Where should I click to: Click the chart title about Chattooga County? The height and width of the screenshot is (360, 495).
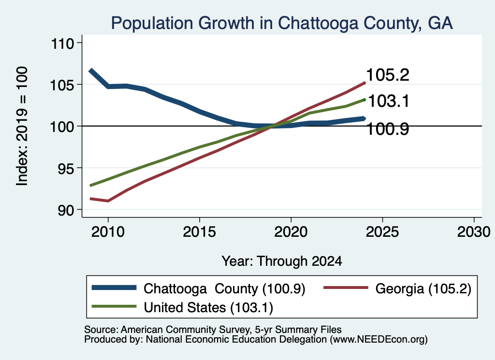click(x=282, y=23)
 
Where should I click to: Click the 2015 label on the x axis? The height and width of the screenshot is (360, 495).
click(x=199, y=232)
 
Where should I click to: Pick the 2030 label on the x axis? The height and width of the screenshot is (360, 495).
click(x=474, y=232)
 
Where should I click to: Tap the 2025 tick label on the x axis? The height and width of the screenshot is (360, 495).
click(x=382, y=232)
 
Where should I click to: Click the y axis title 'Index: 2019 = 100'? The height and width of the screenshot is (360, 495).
click(x=22, y=126)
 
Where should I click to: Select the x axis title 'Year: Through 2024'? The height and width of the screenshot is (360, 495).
click(x=282, y=261)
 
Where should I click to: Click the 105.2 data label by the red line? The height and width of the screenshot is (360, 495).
click(x=388, y=75)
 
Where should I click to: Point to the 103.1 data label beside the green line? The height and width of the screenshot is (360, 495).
click(x=389, y=101)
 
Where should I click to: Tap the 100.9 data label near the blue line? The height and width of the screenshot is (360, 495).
click(x=388, y=129)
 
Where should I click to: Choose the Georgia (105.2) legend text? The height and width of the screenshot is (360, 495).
click(x=423, y=288)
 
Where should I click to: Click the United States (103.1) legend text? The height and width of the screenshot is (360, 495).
click(x=209, y=308)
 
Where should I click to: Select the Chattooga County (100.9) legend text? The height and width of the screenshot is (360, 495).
click(x=224, y=288)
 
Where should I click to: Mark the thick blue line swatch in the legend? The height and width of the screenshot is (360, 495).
click(x=114, y=288)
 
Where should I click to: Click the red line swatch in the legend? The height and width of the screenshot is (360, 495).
click(x=346, y=288)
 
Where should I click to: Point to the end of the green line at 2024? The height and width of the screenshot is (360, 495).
click(x=364, y=100)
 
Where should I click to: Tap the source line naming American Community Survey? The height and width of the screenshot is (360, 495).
click(x=213, y=330)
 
